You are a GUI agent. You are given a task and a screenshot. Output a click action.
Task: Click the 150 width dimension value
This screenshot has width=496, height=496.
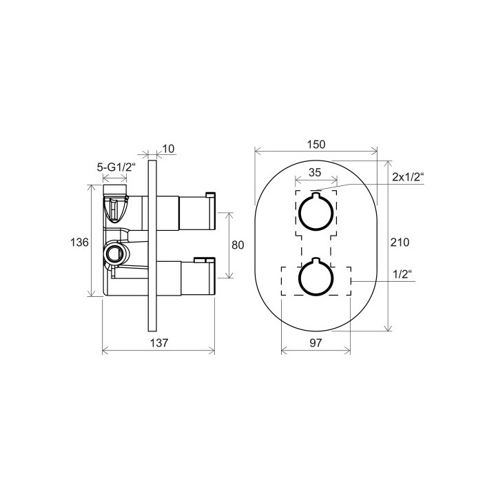click(x=316, y=145)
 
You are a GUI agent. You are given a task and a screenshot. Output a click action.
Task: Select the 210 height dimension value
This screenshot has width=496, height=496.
click(x=400, y=242)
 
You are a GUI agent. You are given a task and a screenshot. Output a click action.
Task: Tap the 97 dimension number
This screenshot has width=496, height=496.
click(x=316, y=342)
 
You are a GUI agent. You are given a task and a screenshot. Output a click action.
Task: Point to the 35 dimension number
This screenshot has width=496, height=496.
click(x=315, y=172)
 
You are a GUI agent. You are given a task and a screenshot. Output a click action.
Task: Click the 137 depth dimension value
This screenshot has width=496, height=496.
click(x=159, y=343)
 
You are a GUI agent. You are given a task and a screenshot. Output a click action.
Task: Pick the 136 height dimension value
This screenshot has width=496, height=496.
click(x=79, y=242)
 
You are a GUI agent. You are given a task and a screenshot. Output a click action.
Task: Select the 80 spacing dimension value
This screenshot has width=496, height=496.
click(x=238, y=245)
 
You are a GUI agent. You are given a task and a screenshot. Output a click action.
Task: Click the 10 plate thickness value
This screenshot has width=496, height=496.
click(x=168, y=149)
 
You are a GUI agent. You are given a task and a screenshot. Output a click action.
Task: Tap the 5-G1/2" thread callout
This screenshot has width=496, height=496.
click(x=116, y=167)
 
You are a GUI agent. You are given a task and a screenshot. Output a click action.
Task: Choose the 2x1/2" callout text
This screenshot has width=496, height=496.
click(x=408, y=177)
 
